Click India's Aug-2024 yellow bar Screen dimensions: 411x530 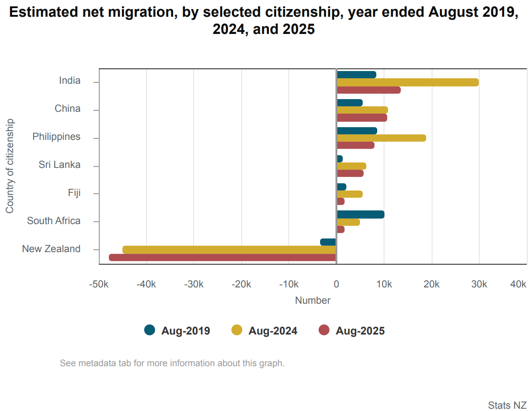(407, 82)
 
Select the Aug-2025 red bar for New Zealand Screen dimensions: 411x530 (223, 258)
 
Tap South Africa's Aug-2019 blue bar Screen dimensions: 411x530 (360, 215)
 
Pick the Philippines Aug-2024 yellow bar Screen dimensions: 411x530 (381, 138)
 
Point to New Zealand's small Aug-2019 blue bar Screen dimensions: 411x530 (328, 242)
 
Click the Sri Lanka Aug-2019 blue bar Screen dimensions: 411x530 (340, 159)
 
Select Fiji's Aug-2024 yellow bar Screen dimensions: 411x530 (349, 194)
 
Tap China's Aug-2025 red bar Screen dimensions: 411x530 (362, 118)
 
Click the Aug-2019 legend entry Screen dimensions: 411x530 (177, 330)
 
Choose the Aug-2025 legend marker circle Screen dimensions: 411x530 (324, 330)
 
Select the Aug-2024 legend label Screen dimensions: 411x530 (273, 331)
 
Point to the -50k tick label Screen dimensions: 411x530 (99, 284)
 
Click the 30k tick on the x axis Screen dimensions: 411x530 (479, 284)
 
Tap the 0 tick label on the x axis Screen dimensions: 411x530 (336, 284)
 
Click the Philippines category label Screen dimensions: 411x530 (57, 137)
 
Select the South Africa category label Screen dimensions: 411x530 (54, 221)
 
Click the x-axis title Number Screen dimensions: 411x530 (313, 300)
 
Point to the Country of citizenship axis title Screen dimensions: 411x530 (10, 166)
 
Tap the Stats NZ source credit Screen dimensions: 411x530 (507, 405)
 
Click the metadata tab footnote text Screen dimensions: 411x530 (172, 363)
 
